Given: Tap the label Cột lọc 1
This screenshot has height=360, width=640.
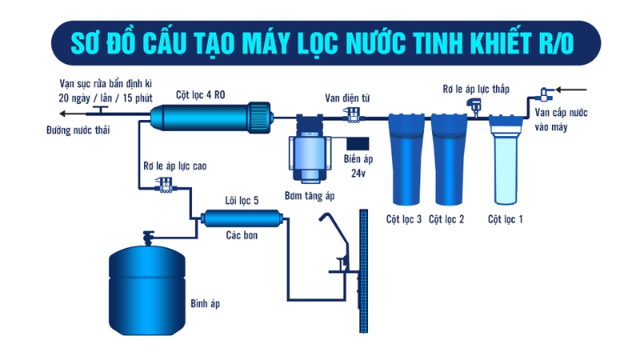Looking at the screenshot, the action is point(506,218).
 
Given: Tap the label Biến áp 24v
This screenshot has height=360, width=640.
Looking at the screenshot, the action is point(358,164).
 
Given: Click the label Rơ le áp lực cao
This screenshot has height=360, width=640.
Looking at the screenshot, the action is point(175,166).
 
